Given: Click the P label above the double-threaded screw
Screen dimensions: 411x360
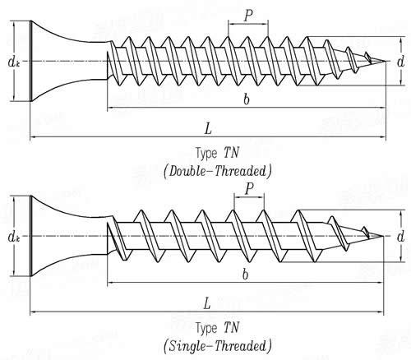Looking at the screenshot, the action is [x=248, y=16].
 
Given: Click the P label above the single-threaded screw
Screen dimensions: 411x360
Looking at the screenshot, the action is [x=249, y=189].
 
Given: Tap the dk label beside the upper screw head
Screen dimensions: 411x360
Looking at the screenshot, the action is [x=13, y=62].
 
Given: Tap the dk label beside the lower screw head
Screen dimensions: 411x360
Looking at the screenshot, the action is [x=13, y=237].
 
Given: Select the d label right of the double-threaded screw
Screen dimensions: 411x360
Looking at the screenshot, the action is [x=400, y=62].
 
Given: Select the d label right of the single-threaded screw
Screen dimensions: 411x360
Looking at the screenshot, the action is [x=400, y=236].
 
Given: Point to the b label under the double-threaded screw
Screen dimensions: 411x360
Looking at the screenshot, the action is [x=247, y=99].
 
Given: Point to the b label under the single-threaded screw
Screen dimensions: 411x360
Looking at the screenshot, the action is [x=246, y=274].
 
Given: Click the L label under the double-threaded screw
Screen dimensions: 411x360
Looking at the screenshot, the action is [x=208, y=128].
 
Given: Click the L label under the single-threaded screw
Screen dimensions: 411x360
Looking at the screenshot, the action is [x=207, y=303].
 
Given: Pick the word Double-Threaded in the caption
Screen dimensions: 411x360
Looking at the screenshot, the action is [x=218, y=172].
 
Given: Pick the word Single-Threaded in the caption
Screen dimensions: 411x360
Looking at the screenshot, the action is [x=218, y=346].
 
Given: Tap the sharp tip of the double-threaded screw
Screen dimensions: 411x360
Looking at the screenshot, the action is [x=386, y=61].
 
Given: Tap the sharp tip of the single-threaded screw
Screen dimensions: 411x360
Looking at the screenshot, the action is [x=382, y=236].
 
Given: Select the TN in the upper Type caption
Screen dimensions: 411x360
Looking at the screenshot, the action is [x=232, y=153].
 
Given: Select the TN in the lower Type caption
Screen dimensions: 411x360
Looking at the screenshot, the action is [x=232, y=328].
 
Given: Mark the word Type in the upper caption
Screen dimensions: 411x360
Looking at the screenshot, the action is [x=206, y=154].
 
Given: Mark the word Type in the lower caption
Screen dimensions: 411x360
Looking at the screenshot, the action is [x=206, y=329].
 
